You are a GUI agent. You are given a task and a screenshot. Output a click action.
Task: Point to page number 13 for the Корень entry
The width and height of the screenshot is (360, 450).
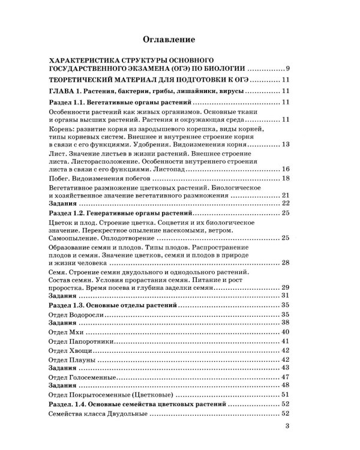click(x=286, y=145)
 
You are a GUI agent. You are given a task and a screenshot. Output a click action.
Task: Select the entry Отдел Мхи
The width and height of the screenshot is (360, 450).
click(x=65, y=332)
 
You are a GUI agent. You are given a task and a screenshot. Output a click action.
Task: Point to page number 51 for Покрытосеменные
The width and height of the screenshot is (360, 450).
click(x=286, y=394)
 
